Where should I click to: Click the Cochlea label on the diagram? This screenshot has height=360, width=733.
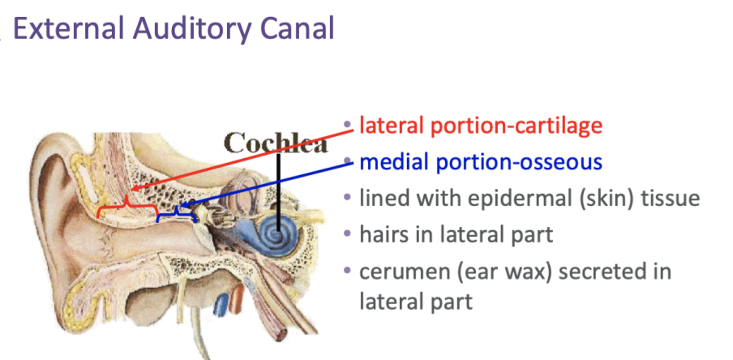[x=276, y=143]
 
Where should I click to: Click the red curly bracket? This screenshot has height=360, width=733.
[x=126, y=210]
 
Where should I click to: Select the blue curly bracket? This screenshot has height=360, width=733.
[x=177, y=213]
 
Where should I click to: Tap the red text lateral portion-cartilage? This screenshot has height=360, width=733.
[x=481, y=126]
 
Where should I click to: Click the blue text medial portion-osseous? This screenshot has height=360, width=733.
[x=481, y=161]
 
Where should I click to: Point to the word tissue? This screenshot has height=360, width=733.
[x=670, y=198]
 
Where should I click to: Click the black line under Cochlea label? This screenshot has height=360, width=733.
[x=277, y=186]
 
